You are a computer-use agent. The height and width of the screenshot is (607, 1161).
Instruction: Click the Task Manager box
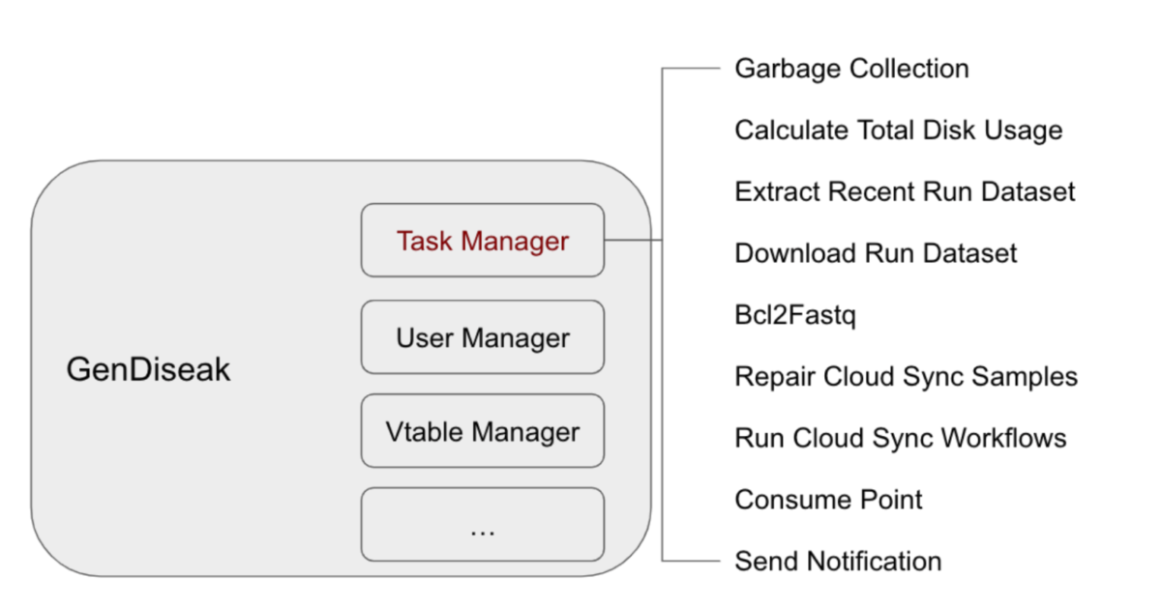pyautogui.click(x=482, y=240)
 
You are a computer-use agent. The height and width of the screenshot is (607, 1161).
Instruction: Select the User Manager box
pyautogui.click(x=482, y=337)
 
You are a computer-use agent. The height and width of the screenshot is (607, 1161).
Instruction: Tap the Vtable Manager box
pyautogui.click(x=482, y=431)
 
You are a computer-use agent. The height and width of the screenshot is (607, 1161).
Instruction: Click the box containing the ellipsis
pyautogui.click(x=482, y=525)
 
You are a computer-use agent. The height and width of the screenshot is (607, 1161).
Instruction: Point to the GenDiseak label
pyautogui.click(x=148, y=369)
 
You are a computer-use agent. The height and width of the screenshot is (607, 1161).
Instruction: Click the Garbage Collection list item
pyautogui.click(x=851, y=69)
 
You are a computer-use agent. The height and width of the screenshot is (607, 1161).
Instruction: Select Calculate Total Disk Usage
pyautogui.click(x=898, y=130)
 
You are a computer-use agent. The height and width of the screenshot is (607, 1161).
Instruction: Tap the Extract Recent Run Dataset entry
pyautogui.click(x=905, y=191)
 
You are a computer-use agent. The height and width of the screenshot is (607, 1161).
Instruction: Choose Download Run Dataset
pyautogui.click(x=876, y=253)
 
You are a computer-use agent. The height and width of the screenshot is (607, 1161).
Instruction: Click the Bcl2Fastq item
pyautogui.click(x=795, y=315)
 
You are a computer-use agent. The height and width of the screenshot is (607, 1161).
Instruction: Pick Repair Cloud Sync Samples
pyautogui.click(x=906, y=376)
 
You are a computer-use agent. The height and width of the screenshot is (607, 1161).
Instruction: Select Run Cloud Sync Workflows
pyautogui.click(x=900, y=438)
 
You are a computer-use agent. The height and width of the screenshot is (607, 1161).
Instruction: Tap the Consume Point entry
pyautogui.click(x=828, y=500)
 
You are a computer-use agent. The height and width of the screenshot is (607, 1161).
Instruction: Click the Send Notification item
pyautogui.click(x=838, y=561)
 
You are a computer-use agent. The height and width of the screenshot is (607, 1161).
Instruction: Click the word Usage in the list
pyautogui.click(x=1025, y=130)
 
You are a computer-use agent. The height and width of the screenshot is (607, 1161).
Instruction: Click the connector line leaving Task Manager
pyautogui.click(x=633, y=240)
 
